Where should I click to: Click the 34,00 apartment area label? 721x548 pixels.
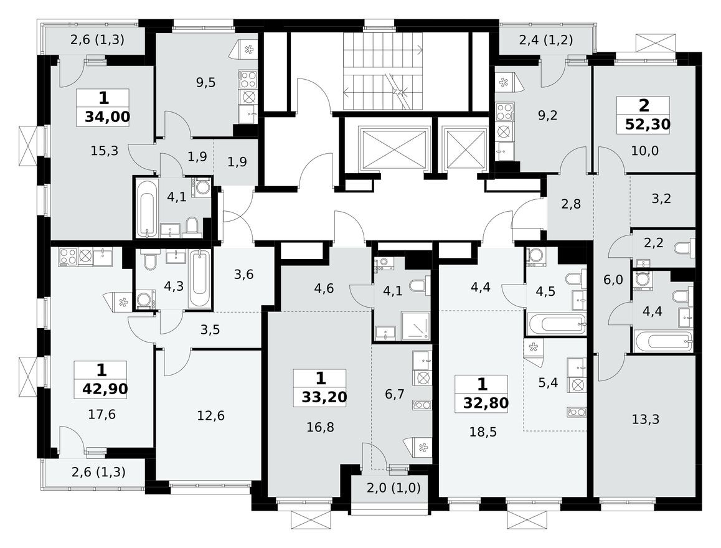click(108, 117)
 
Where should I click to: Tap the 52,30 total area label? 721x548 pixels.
click(648, 124)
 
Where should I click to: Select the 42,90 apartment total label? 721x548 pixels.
click(105, 389)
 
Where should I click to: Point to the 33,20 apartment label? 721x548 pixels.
click(324, 396)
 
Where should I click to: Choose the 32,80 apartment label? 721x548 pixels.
click(486, 403)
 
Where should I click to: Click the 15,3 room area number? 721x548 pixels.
click(105, 151)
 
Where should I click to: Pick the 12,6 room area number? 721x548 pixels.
click(210, 415)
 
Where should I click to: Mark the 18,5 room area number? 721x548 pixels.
click(483, 432)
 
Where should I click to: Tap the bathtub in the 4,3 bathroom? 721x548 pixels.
click(200, 278)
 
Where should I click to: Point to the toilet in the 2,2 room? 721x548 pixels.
click(684, 248)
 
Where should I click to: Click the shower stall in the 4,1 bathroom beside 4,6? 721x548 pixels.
click(415, 326)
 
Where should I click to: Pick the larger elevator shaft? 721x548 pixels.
click(393, 149)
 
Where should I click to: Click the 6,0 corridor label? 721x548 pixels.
click(613, 280)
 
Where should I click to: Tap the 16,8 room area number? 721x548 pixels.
click(320, 428)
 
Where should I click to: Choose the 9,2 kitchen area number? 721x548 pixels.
click(547, 115)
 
